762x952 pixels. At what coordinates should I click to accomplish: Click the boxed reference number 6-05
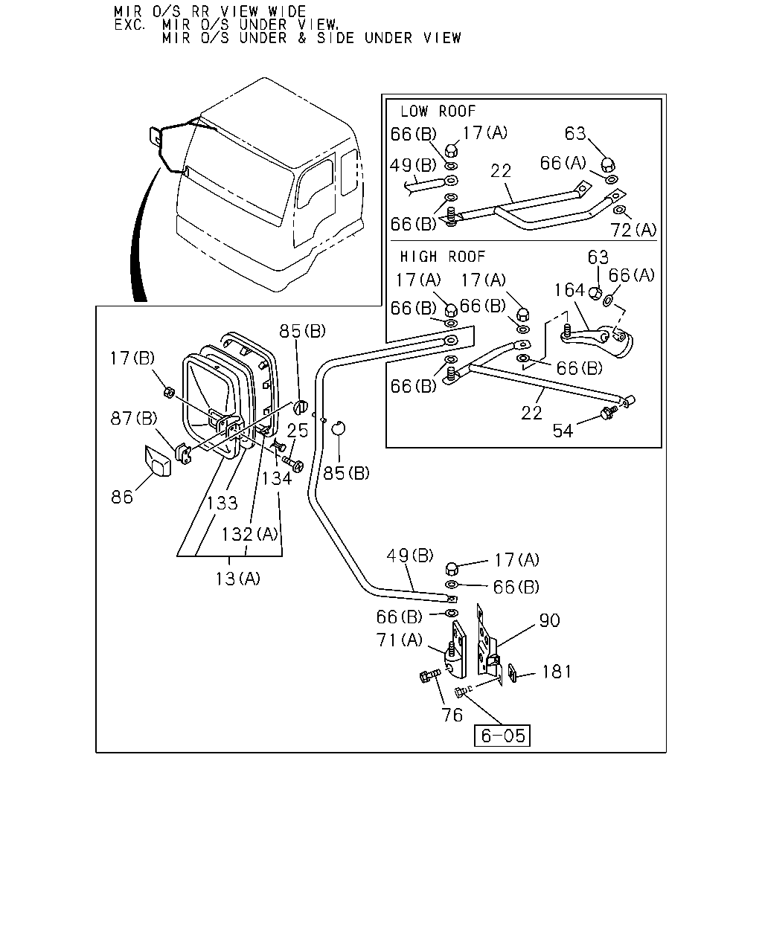click(x=502, y=736)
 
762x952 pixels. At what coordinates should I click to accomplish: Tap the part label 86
click(x=122, y=498)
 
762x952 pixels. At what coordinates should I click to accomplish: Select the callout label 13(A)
click(x=238, y=579)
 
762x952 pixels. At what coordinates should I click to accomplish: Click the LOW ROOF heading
click(x=438, y=111)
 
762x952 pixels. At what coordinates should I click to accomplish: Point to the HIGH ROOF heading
click(x=443, y=257)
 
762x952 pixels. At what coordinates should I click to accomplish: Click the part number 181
click(x=557, y=672)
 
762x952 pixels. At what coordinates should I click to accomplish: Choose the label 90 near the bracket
click(x=549, y=620)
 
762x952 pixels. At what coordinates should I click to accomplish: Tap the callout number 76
click(x=452, y=715)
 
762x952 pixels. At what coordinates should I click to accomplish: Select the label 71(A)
click(x=400, y=640)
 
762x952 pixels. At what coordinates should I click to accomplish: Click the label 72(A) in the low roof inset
click(x=633, y=230)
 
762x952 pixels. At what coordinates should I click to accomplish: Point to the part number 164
click(x=570, y=290)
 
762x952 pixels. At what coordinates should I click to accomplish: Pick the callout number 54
click(x=563, y=431)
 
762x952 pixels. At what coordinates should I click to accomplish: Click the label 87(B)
click(x=134, y=418)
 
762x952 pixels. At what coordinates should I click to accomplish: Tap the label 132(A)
click(x=250, y=534)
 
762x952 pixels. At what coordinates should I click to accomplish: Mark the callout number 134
click(x=277, y=478)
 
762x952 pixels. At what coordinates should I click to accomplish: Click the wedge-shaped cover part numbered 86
click(x=158, y=461)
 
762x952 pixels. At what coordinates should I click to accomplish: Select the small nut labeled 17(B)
click(x=169, y=392)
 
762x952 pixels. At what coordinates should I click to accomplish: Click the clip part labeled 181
click(x=513, y=672)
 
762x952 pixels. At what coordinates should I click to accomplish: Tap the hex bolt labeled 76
click(x=429, y=675)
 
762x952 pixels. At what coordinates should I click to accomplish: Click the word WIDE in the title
click(x=287, y=11)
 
